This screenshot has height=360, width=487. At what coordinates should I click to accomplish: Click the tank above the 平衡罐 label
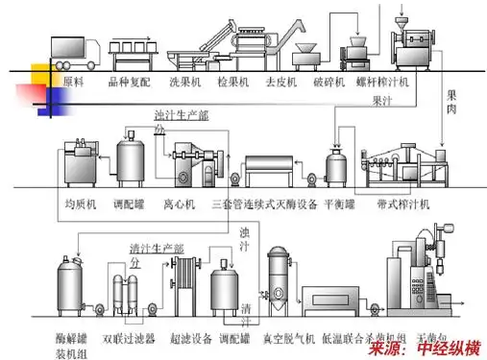pos(336,165)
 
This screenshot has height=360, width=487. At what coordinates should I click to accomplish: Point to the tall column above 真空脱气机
pos(279,277)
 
